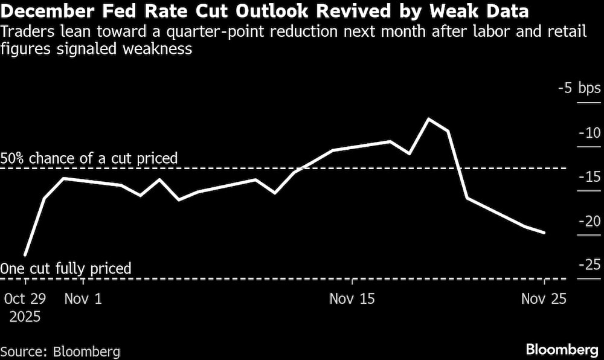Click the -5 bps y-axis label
coord(579,89)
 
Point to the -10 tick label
coord(589,133)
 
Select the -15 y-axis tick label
coord(589,177)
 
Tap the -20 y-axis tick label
coord(589,221)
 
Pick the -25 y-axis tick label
coord(589,265)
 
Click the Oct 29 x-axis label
coord(25,298)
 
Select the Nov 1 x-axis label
coord(83,298)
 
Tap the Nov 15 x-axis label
coord(352,298)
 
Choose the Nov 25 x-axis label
coord(544,298)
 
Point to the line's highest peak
coord(429,118)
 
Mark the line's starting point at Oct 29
coord(25,256)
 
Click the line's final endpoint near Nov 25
coord(545,233)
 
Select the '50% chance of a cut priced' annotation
coord(89,159)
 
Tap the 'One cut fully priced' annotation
coord(66,268)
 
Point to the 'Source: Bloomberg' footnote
coord(60,352)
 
